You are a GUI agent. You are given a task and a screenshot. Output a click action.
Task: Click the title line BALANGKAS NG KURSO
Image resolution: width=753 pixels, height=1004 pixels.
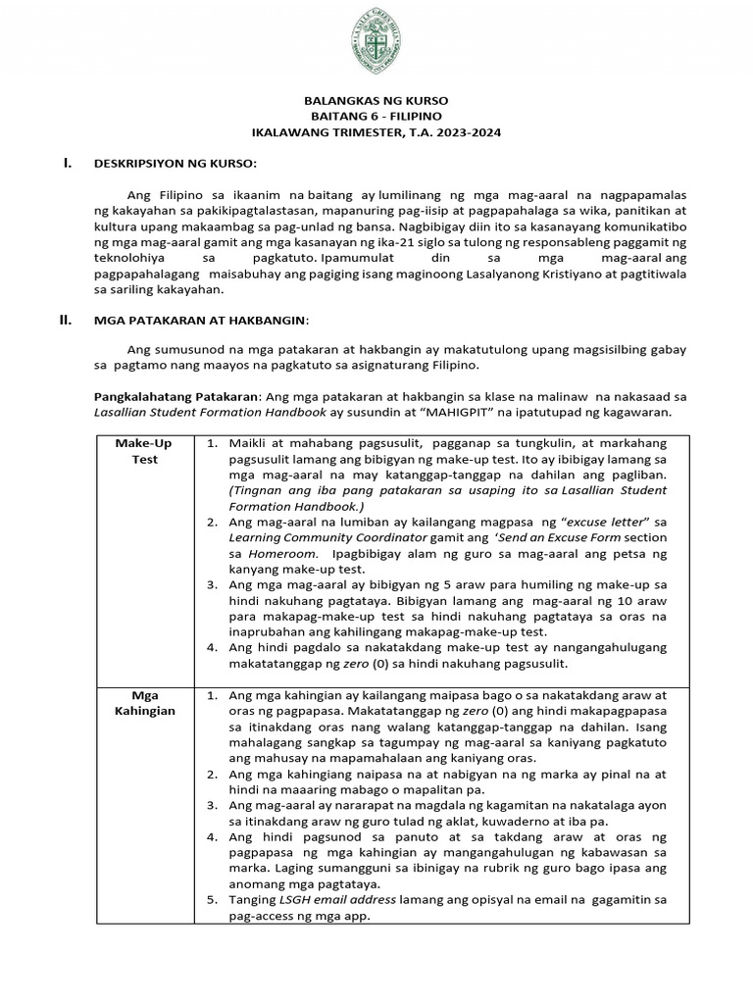[x=376, y=101]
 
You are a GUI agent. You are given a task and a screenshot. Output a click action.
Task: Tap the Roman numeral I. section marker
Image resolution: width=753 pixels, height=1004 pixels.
[x=68, y=163]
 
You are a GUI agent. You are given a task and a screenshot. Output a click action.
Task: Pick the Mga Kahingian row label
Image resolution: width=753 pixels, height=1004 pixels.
[x=143, y=702]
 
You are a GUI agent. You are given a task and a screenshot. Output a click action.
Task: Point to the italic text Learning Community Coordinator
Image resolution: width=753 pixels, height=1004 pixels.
[x=328, y=538]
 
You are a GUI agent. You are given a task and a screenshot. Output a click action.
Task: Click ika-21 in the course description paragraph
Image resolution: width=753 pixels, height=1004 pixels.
[x=407, y=240]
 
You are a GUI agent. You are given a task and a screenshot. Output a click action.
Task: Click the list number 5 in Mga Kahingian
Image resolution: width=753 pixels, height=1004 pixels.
[x=212, y=899]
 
